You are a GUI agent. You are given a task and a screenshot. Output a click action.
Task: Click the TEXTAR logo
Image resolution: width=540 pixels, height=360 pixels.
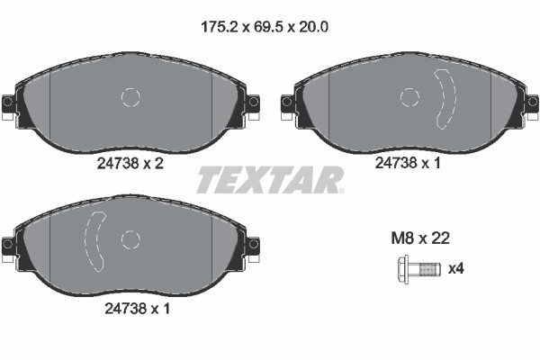(x=270, y=180)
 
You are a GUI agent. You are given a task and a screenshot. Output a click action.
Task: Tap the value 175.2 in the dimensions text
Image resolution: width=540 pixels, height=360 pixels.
(x=218, y=27)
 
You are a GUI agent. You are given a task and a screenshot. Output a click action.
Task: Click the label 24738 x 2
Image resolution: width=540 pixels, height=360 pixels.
(x=130, y=166)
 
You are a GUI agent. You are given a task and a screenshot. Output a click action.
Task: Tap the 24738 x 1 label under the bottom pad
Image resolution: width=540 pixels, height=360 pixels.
(x=130, y=308)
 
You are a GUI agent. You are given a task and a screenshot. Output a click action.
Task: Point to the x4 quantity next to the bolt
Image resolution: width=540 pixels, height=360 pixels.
(x=456, y=267)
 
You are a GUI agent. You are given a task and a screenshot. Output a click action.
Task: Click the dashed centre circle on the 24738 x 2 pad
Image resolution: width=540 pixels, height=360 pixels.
(x=131, y=98)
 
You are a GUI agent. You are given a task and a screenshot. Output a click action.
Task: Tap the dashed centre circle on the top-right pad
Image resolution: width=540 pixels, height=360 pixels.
(x=410, y=98)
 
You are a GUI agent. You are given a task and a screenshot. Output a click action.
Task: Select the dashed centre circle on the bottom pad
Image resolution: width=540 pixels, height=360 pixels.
(x=131, y=239)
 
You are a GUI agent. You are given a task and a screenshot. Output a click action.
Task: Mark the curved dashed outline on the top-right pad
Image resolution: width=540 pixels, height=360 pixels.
(x=445, y=98)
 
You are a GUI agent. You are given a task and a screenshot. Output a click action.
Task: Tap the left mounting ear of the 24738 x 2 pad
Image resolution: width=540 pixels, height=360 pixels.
(x=9, y=103)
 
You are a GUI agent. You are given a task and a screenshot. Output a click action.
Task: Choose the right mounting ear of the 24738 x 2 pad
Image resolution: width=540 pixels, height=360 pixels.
(x=253, y=103)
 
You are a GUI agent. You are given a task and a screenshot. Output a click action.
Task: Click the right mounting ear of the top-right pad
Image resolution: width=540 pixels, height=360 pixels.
(x=532, y=103)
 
